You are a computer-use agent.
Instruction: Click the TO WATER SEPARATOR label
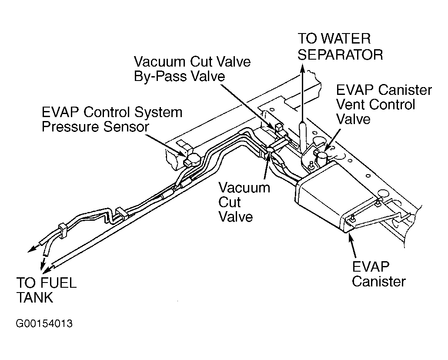[x=340, y=47]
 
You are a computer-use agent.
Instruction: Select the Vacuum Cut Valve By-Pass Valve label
[x=192, y=69]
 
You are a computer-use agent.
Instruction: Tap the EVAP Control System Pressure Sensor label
[x=112, y=120]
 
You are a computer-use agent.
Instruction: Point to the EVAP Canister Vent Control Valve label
[x=384, y=104]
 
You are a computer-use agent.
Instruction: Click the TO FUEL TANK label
[x=47, y=290]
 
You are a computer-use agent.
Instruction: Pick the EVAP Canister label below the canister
[x=378, y=274]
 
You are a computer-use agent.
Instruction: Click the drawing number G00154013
[x=44, y=324]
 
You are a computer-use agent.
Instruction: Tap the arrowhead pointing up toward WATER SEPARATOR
[x=302, y=67]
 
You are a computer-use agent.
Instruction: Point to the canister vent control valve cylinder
[x=323, y=159]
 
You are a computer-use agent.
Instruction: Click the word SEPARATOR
[x=340, y=54]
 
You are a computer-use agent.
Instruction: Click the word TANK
[x=34, y=297]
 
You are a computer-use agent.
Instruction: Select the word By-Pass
[x=160, y=77]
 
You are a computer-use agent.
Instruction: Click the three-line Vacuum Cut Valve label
[x=244, y=202]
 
